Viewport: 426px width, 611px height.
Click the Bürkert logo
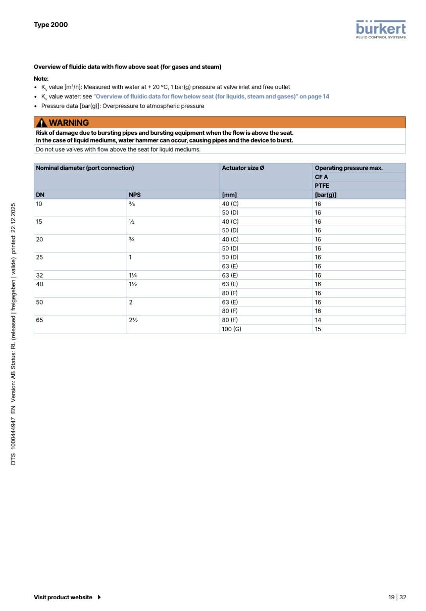(381, 29)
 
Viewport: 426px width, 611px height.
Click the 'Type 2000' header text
(51, 25)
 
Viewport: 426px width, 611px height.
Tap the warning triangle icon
(41, 123)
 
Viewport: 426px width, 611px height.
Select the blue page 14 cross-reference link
(211, 96)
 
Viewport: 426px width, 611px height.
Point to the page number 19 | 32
(397, 597)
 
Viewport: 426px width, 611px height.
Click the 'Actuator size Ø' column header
(243, 168)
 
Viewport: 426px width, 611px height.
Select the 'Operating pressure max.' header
(348, 168)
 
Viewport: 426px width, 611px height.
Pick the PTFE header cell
(322, 186)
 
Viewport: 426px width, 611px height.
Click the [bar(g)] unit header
(325, 195)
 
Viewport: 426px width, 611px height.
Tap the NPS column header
(134, 195)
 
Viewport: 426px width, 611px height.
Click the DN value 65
(40, 320)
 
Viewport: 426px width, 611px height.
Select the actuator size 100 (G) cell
(231, 329)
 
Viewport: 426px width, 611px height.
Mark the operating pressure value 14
(318, 320)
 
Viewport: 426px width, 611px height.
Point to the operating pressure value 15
(318, 329)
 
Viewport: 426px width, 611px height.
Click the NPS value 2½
(133, 320)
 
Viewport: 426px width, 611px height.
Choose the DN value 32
(40, 276)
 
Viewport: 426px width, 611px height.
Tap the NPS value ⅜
(132, 204)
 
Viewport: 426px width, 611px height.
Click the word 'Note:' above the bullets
(41, 79)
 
